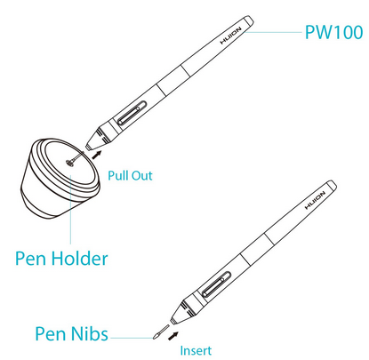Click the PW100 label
click(333, 32)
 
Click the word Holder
click(79, 258)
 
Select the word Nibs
click(90, 333)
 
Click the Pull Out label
click(130, 175)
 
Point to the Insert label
click(196, 350)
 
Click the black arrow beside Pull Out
click(97, 155)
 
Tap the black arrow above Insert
click(173, 336)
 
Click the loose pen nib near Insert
click(161, 332)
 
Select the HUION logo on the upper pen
click(231, 36)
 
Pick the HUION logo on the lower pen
click(315, 201)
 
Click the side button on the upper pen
click(132, 113)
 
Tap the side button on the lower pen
click(216, 284)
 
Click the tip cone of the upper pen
click(99, 138)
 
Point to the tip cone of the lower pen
click(181, 312)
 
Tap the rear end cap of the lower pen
click(332, 187)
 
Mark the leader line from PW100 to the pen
click(273, 32)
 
